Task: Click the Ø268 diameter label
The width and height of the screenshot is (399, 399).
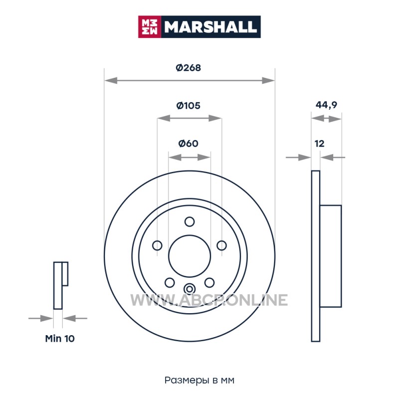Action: coord(189,68)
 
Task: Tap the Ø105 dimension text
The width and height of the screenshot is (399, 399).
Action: coord(189,105)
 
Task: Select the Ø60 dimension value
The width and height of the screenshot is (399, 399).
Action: coord(189,144)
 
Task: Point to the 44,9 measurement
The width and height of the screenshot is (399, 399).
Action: coord(326,105)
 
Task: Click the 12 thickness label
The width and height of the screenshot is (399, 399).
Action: coord(320,144)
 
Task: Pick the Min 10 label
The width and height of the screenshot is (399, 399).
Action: coord(60,339)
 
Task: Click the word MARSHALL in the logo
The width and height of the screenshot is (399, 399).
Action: coord(210,27)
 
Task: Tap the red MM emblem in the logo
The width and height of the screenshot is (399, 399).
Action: coord(150,27)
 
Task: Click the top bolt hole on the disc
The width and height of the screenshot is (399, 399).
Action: coord(190,221)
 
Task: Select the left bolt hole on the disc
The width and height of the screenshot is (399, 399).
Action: coord(157,245)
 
